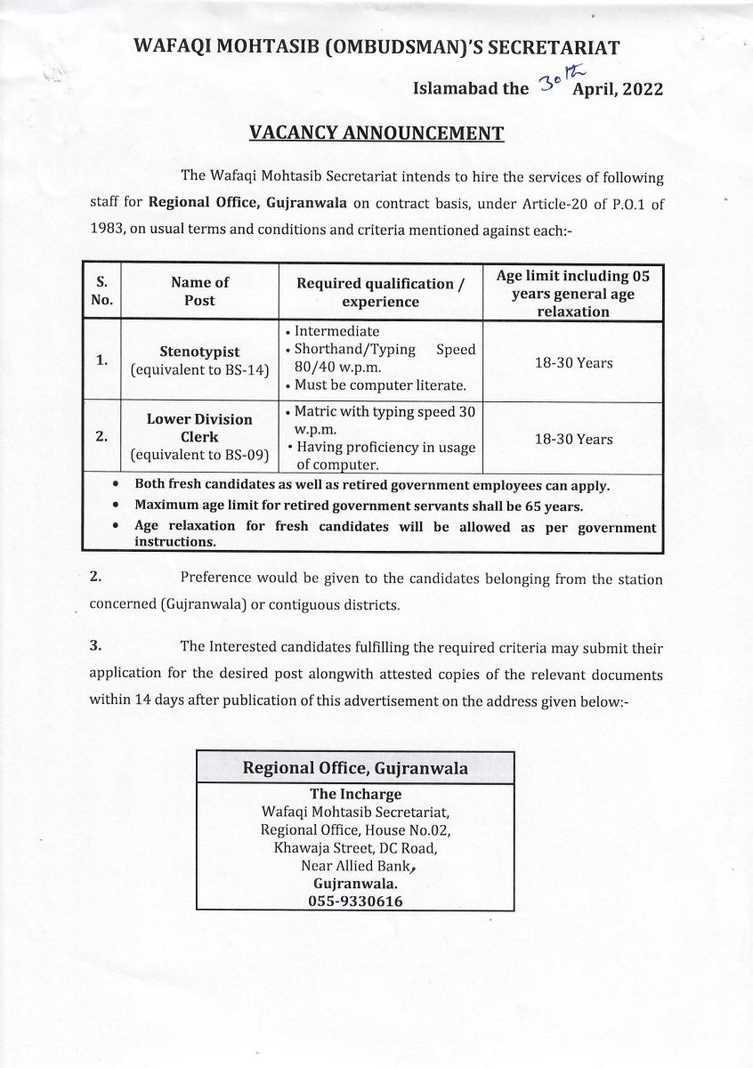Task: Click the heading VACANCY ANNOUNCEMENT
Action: coord(376,133)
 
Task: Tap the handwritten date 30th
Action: coord(553,85)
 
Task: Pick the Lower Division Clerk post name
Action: coord(199,428)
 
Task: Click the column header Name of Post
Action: coord(199,291)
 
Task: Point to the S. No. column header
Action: coord(101,291)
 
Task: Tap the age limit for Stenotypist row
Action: coord(572,363)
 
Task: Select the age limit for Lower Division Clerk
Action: coord(572,440)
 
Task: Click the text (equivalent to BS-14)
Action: coord(199,370)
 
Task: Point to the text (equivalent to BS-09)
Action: coord(199,456)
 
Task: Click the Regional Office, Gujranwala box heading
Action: coord(355,767)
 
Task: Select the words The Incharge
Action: coord(355,794)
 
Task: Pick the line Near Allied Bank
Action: coord(355,866)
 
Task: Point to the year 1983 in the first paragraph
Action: coord(108,228)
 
